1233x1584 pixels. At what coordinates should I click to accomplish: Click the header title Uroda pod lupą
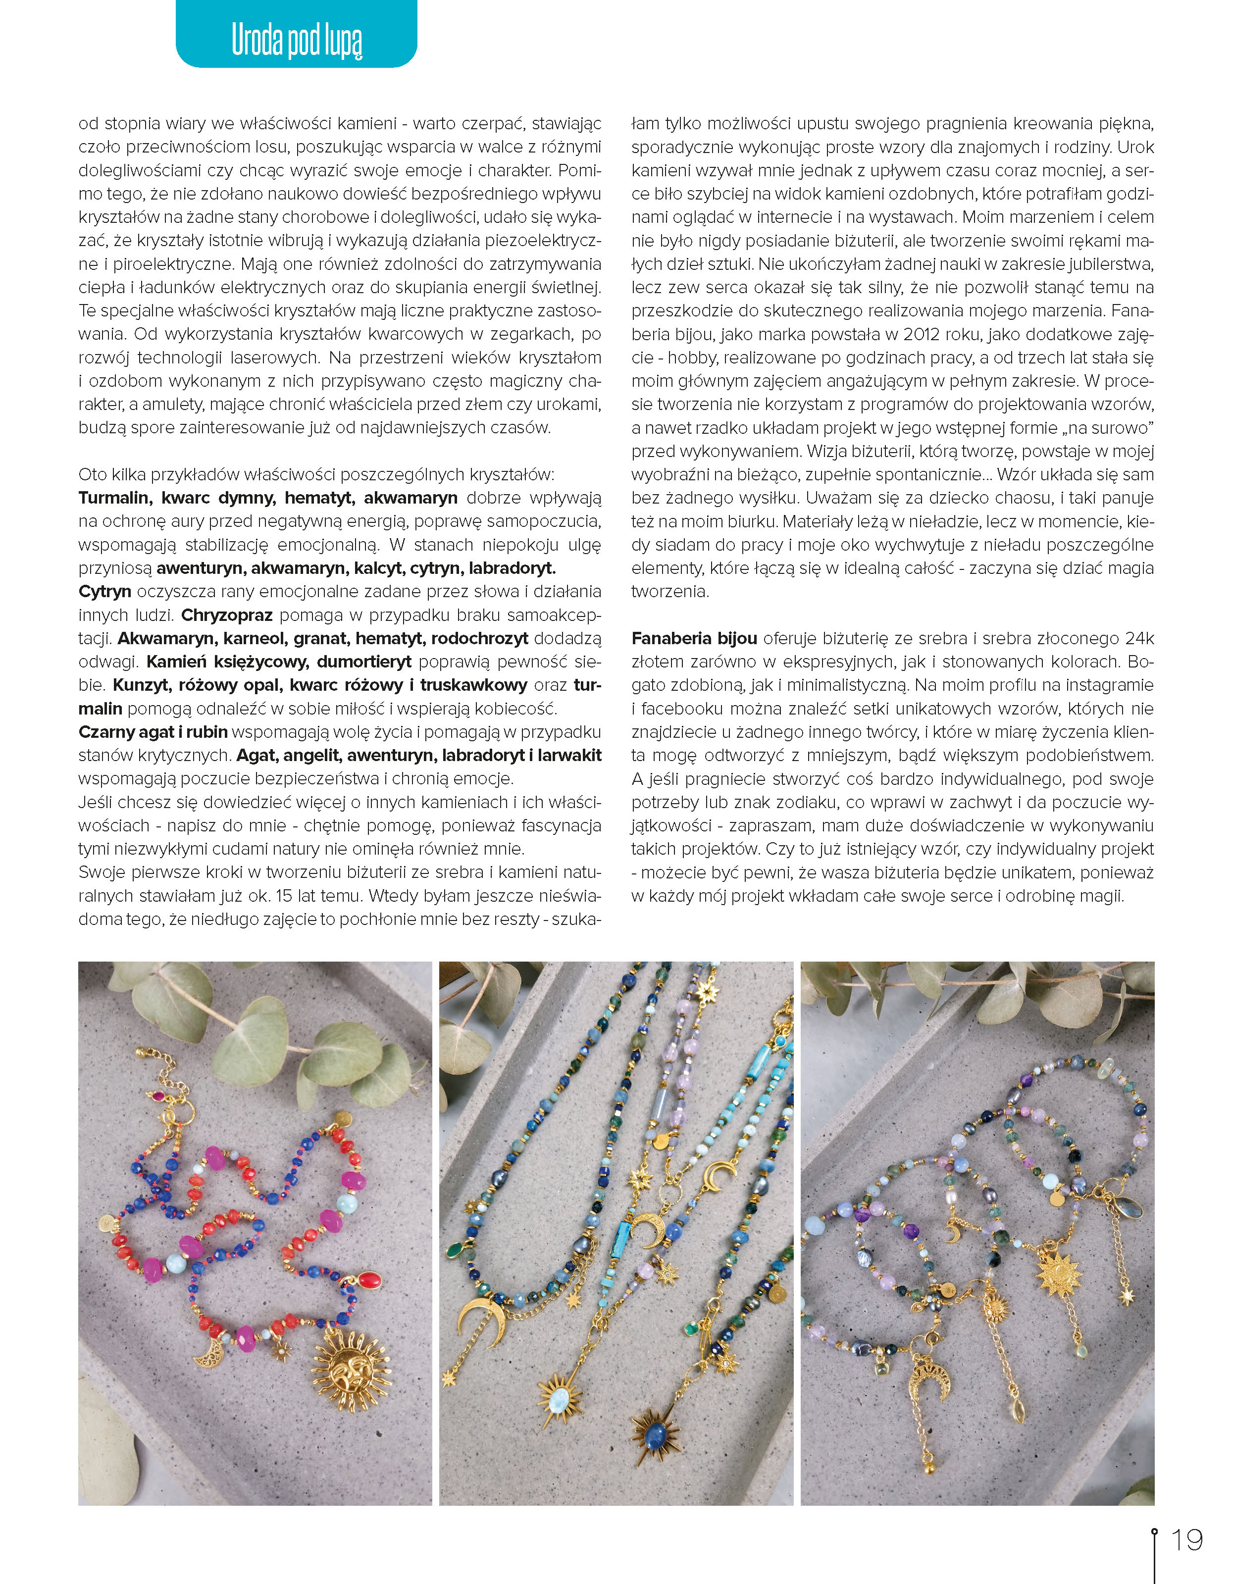click(x=297, y=40)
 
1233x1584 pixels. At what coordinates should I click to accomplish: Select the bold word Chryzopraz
click(x=226, y=615)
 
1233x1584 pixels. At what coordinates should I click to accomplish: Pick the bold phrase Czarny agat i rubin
click(x=153, y=732)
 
